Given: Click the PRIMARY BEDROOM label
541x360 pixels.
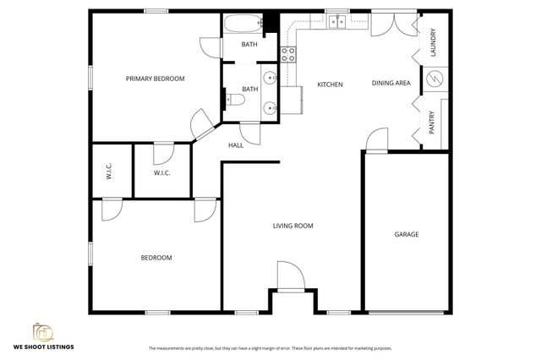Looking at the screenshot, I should coord(155,79).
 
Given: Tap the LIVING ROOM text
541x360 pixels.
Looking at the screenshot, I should coord(292,226).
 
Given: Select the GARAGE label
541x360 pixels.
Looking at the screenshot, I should coord(407,234).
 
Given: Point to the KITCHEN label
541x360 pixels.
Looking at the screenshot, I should coord(330,85).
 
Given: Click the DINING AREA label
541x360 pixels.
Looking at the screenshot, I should coord(391,83).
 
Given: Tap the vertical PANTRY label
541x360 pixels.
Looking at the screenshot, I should coord(432,123).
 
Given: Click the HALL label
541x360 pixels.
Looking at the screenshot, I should coord(236,145).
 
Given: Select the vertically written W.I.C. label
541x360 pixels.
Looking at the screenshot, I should coord(110,172).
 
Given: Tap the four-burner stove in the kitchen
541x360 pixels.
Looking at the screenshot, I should coord(287,55).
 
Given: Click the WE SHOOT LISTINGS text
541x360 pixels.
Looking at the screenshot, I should coord(42,346).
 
